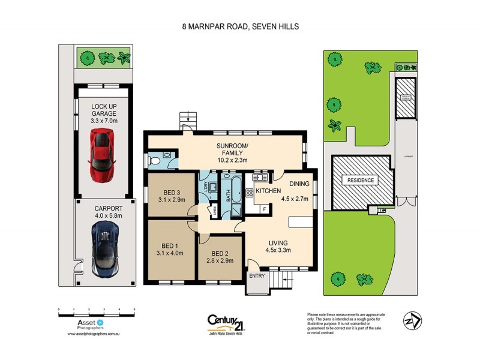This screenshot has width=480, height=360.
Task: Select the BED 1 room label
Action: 170,246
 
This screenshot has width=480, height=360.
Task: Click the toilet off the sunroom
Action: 155,161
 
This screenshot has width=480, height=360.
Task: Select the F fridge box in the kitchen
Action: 265,209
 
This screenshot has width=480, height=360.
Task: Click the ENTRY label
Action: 257,277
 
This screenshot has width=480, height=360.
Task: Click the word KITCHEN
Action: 269,190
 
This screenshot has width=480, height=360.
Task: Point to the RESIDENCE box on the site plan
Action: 358,180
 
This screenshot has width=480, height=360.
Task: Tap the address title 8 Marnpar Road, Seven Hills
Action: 240,26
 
